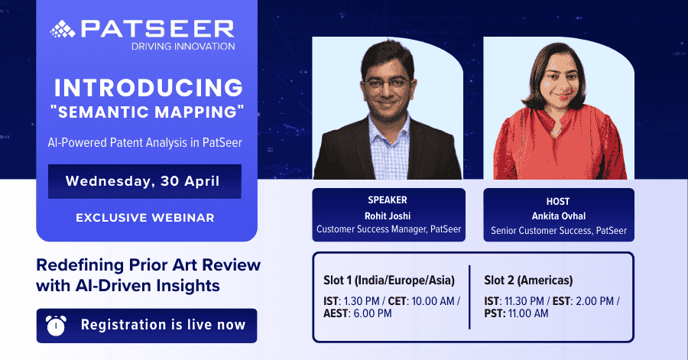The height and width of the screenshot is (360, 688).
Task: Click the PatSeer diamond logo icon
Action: (x=63, y=29)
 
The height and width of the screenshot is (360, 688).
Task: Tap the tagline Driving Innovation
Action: (x=183, y=47)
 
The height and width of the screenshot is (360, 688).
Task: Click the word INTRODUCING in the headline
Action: (x=148, y=88)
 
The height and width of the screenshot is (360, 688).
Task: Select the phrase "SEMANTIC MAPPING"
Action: (x=148, y=112)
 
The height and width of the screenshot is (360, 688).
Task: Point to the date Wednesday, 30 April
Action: (x=143, y=181)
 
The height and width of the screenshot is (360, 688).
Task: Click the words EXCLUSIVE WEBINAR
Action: (x=145, y=218)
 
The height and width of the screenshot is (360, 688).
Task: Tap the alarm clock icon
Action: (x=56, y=326)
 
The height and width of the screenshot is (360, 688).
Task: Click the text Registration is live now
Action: (x=164, y=325)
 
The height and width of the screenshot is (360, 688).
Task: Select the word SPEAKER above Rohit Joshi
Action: (x=388, y=200)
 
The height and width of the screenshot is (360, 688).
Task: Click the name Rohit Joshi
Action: (x=388, y=216)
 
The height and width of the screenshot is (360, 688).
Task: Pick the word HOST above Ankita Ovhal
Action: (x=558, y=202)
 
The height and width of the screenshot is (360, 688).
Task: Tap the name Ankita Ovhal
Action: (x=559, y=216)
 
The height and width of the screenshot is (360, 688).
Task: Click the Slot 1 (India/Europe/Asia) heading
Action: (x=389, y=281)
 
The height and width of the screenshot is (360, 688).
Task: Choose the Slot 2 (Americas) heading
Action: (x=528, y=281)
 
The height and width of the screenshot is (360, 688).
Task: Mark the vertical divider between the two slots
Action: (x=469, y=297)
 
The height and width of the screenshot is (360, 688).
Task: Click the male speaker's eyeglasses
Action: (x=388, y=84)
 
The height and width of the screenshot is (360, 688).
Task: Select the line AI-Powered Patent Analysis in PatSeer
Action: (x=145, y=142)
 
